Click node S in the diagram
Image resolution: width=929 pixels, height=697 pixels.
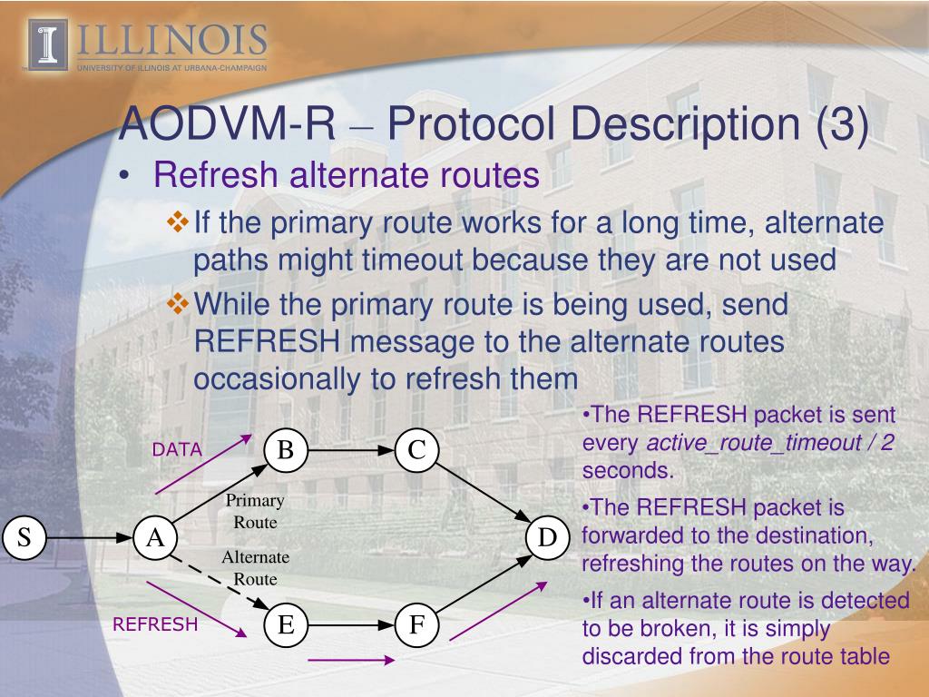coord(24,538)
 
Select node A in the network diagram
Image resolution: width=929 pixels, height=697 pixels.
coord(155,538)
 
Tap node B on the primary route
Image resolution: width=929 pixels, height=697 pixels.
coord(285,450)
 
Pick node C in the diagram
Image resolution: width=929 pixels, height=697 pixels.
coord(416,450)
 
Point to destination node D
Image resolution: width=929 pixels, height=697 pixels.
coord(546,538)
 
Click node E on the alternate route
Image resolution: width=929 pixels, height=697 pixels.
coord(285,625)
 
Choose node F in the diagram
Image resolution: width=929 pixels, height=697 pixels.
coord(416,625)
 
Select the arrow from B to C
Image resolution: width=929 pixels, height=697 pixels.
coord(350,450)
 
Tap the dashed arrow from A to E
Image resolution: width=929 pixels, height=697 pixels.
coord(220,582)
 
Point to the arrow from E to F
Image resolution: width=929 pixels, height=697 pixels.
coord(350,625)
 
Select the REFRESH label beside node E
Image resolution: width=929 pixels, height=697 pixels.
coord(155,624)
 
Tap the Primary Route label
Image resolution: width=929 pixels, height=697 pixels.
coord(255,512)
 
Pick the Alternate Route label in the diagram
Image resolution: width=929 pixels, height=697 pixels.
coord(255,568)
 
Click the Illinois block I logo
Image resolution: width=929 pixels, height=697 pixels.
coord(48,44)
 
